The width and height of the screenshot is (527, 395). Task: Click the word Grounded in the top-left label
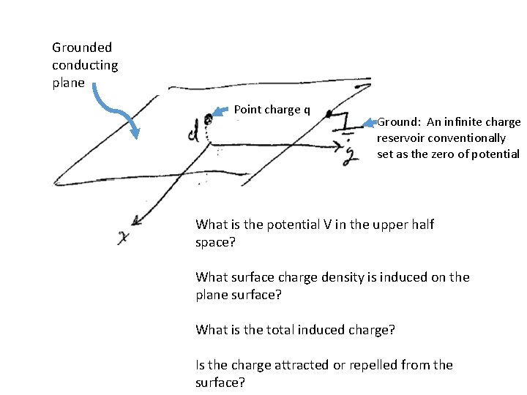pyautogui.click(x=82, y=48)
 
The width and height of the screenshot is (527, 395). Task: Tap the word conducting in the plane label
pyautogui.click(x=85, y=65)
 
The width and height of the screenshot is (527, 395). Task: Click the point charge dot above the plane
pyautogui.click(x=209, y=116)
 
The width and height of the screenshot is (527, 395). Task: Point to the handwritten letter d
pyautogui.click(x=193, y=133)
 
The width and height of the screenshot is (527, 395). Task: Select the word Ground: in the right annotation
pyautogui.click(x=400, y=122)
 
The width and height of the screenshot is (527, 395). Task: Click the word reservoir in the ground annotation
pyautogui.click(x=401, y=138)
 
